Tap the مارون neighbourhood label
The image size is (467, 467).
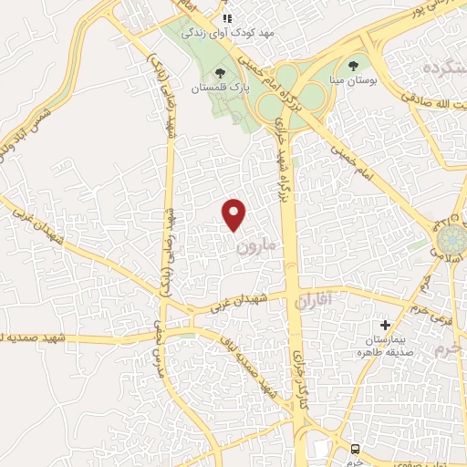(254, 247)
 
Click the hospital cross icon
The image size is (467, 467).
(385, 325)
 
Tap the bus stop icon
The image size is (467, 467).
(356, 449)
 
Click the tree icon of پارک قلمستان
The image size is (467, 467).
(219, 72)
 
